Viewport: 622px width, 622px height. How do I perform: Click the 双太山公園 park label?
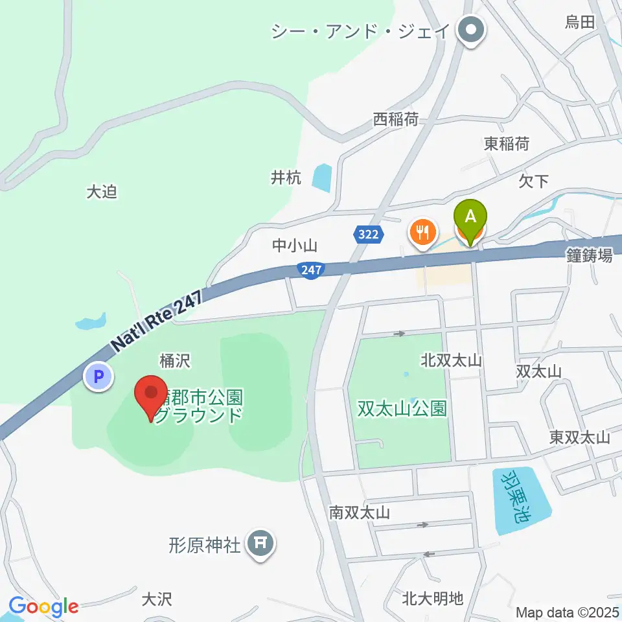pyautogui.click(x=402, y=409)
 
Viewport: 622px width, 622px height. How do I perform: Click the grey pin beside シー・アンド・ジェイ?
pyautogui.click(x=471, y=30)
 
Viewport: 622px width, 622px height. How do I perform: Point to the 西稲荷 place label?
pyautogui.click(x=395, y=119)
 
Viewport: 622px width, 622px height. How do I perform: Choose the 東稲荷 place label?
pyautogui.click(x=506, y=144)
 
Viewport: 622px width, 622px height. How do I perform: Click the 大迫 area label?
pyautogui.click(x=101, y=192)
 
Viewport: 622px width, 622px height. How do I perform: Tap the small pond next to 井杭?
pyautogui.click(x=321, y=176)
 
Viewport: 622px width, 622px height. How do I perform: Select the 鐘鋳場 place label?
pyautogui.click(x=589, y=257)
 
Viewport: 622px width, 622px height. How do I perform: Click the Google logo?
pyautogui.click(x=43, y=606)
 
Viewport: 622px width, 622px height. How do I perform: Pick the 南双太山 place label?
pyautogui.click(x=359, y=513)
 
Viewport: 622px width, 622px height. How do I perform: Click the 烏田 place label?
pyautogui.click(x=579, y=23)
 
